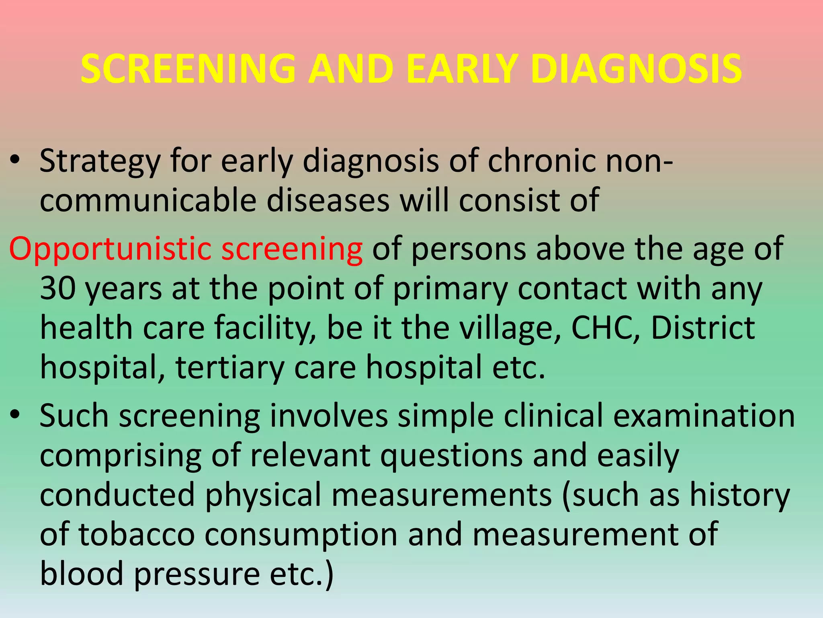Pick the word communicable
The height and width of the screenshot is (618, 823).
[148, 200]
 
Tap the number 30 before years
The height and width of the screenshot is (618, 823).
[58, 288]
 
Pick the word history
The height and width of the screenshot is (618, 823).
[740, 496]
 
